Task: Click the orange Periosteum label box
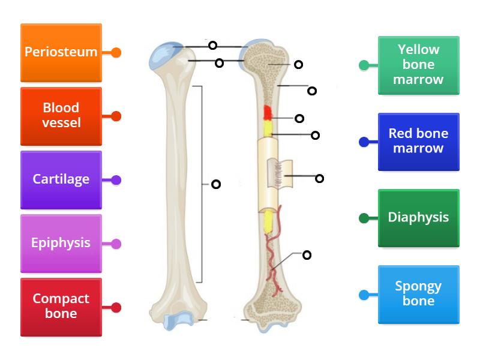tap(61, 53)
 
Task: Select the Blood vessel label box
tap(61, 116)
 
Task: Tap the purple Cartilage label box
tap(61, 179)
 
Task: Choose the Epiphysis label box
tap(61, 243)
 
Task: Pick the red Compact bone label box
tap(61, 307)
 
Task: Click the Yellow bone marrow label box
tap(419, 65)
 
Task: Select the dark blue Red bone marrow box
tap(419, 142)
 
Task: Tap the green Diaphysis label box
tap(419, 218)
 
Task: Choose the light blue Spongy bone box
tap(419, 294)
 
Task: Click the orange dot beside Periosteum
tap(116, 53)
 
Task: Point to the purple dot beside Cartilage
tap(116, 179)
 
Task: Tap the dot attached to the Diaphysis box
tap(364, 218)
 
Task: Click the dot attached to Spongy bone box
tap(364, 295)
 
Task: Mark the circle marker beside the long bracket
tap(216, 184)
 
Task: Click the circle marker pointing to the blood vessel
tap(307, 255)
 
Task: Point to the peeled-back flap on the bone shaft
tap(287, 175)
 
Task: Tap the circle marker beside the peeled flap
tap(320, 178)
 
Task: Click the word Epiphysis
tap(61, 243)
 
